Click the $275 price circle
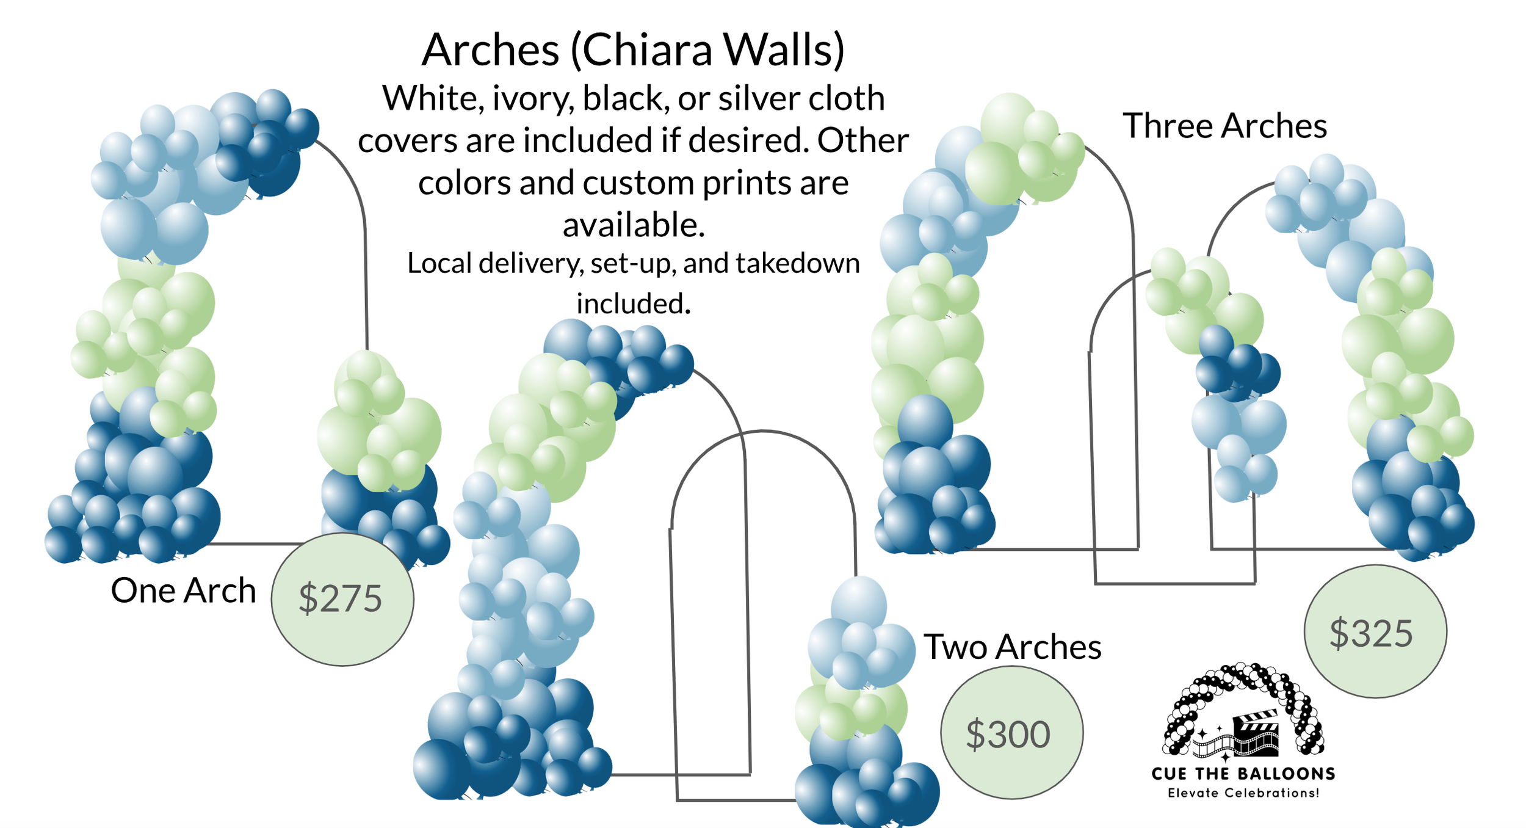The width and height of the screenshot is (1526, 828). click(342, 599)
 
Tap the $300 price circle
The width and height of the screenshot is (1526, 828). click(1011, 733)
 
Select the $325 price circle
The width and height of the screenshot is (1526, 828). click(1375, 631)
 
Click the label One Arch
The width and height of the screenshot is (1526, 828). click(183, 590)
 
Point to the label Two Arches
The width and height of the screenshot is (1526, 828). click(1013, 647)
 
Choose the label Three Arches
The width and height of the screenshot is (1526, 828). click(1224, 126)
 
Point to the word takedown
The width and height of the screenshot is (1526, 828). click(798, 263)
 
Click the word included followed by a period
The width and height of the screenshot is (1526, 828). click(634, 303)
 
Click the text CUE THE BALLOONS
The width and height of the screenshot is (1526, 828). click(1243, 774)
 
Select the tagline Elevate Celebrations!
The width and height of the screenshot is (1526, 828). click(1243, 793)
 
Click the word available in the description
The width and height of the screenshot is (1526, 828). click(634, 225)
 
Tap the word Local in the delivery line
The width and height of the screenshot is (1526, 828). click(439, 263)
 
